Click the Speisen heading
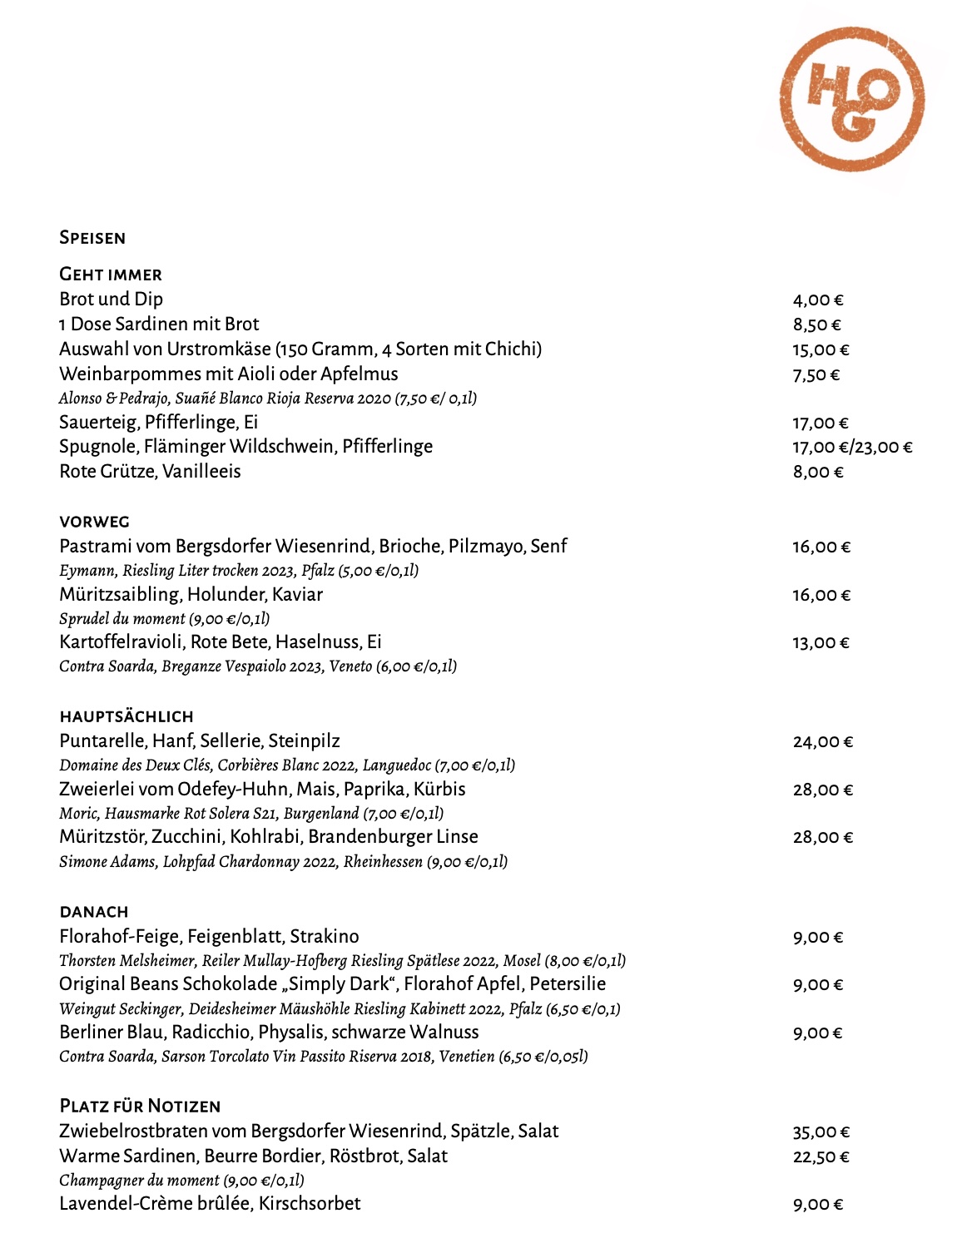point(92,238)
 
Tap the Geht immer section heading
point(111,275)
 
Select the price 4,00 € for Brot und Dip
point(818,300)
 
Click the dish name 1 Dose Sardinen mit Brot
point(159,324)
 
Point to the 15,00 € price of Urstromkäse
point(821,350)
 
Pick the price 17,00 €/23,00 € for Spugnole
point(852,448)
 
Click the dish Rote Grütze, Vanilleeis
point(150,472)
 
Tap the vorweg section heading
point(95,522)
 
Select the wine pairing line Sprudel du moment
point(164,619)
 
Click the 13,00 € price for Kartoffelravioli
point(821,643)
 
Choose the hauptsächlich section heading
point(126,716)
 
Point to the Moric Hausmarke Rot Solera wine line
point(250,814)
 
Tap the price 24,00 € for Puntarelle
point(822,742)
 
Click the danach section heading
point(94,912)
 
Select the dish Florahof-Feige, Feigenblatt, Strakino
point(209,937)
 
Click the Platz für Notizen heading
point(140,1107)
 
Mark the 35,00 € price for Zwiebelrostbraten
point(821,1132)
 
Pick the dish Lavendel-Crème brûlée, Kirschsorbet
point(210,1204)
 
